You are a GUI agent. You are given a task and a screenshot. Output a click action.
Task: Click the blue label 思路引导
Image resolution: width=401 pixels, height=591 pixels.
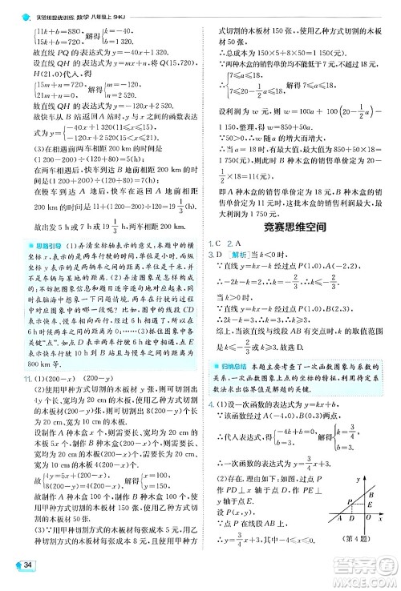[36, 243]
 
